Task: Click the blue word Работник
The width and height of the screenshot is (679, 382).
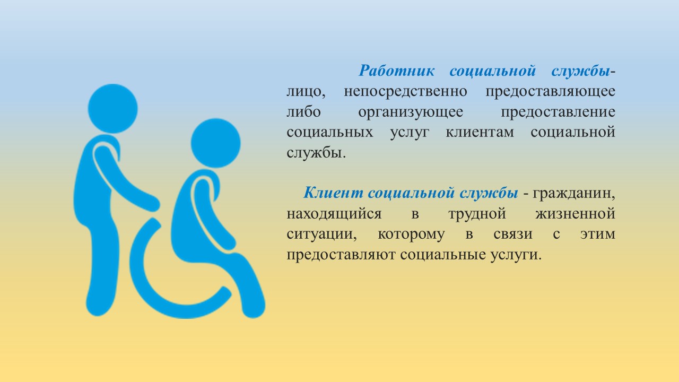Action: (397, 71)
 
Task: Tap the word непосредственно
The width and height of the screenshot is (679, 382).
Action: (405, 92)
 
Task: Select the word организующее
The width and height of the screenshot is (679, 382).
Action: (411, 112)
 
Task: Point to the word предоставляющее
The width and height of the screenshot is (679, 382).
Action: (551, 92)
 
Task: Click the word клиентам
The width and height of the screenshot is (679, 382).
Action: (480, 133)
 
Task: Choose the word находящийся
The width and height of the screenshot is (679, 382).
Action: (334, 214)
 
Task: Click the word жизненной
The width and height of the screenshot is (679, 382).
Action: (576, 213)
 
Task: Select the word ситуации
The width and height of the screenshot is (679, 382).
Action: (321, 235)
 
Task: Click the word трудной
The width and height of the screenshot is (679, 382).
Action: (477, 214)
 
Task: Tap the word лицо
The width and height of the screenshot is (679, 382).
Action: (306, 92)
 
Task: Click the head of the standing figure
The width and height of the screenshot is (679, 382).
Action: (113, 109)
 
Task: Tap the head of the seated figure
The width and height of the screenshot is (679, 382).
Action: (215, 143)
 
